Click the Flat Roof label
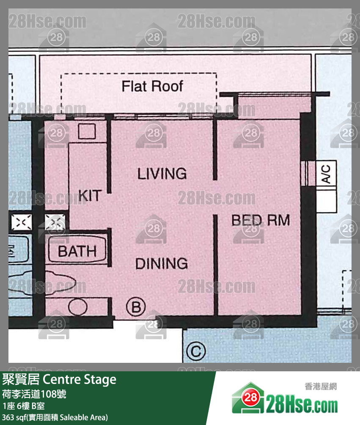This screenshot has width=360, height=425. pos(152,86)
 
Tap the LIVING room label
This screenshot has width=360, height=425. pos(162,173)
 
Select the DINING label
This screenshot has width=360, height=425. pos(162,263)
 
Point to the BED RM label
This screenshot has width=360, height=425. pos(261,220)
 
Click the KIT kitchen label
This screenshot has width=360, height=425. pos(90,195)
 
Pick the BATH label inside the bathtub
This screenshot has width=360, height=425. pos(77,251)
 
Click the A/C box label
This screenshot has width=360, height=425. pos(326,173)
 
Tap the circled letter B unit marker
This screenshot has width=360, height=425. pos(136,307)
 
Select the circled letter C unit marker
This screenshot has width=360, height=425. pos(196,351)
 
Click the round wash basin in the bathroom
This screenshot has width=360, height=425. pos(77,307)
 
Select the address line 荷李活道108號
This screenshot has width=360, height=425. pos(34,395)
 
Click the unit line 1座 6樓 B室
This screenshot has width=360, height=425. pos(26,406)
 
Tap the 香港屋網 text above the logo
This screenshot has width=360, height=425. pos(320,387)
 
